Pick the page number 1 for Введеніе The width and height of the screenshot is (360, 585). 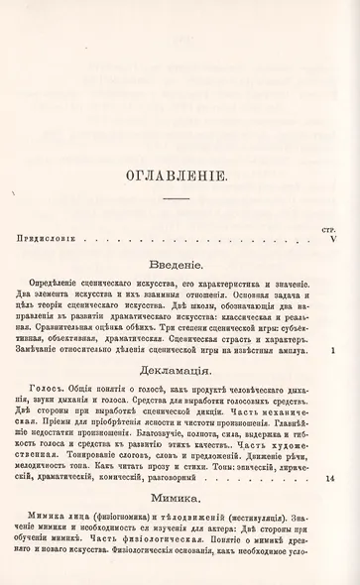click(x=334, y=350)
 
